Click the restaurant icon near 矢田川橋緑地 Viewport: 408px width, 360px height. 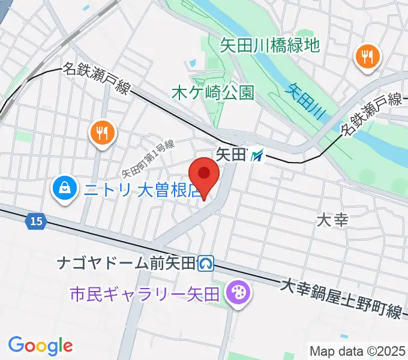click(368, 57)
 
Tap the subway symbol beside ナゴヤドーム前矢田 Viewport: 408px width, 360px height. click(207, 262)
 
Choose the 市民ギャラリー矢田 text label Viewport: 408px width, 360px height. click(145, 294)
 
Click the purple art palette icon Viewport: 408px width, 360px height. click(238, 293)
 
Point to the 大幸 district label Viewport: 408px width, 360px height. click(332, 220)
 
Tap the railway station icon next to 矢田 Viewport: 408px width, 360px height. click(257, 155)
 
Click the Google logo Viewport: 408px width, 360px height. click(40, 346)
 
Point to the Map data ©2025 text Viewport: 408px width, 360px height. click(358, 351)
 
